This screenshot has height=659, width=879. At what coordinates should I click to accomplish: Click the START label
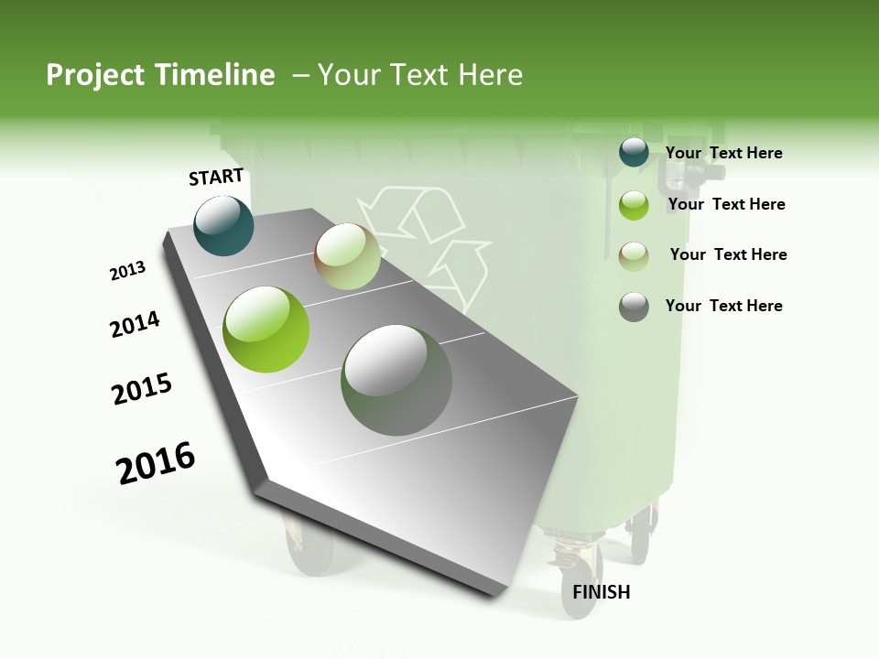click(x=216, y=177)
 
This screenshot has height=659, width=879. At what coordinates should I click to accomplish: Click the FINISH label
click(x=601, y=592)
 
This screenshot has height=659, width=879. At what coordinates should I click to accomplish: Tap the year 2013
click(x=127, y=271)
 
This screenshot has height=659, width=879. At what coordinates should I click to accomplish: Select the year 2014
click(x=135, y=324)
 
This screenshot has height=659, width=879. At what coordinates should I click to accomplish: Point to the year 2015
click(x=142, y=389)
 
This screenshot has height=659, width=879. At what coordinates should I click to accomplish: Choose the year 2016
click(x=156, y=463)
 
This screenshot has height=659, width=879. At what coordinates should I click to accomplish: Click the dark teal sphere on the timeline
click(x=223, y=225)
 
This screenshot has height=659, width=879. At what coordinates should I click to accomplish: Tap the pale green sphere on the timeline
click(x=347, y=256)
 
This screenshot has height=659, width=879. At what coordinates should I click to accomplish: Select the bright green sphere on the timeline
click(x=266, y=329)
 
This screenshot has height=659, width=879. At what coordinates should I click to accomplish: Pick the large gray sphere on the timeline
click(x=396, y=380)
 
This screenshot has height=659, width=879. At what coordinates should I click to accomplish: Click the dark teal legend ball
click(x=634, y=153)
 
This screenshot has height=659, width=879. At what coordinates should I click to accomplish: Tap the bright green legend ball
click(x=634, y=205)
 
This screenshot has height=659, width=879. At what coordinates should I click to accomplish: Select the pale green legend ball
click(x=634, y=255)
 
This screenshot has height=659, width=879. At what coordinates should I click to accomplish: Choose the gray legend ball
click(x=634, y=307)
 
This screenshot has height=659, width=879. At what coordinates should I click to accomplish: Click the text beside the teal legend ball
click(x=723, y=153)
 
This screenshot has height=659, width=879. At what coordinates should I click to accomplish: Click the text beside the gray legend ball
click(x=723, y=306)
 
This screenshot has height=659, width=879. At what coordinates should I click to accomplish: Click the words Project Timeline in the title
click(x=160, y=75)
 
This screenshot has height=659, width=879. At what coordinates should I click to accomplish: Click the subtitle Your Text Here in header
click(x=420, y=75)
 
